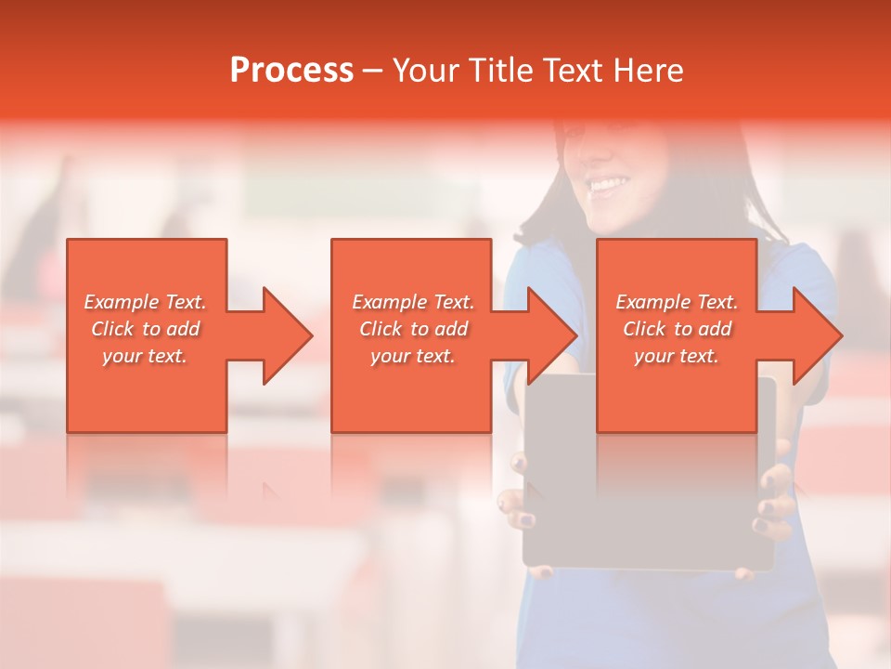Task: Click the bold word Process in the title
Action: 291,71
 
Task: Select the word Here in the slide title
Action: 650,71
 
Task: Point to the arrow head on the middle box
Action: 550,335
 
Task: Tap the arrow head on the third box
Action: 816,335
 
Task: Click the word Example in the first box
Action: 122,302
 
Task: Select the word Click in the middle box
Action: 381,329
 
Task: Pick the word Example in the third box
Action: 653,302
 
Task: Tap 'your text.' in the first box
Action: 145,356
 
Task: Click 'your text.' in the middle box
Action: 413,356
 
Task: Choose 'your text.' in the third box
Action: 677,356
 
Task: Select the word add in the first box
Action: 184,329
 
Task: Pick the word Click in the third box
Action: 644,329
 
